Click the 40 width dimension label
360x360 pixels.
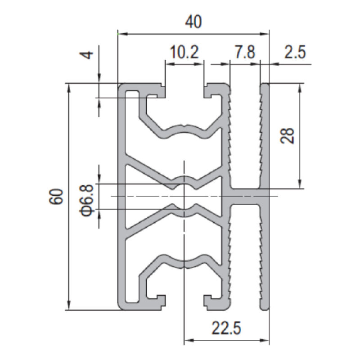tap(193, 22)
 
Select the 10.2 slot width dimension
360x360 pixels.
tap(184, 52)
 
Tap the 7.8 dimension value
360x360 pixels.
tap(245, 52)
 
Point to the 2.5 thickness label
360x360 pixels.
tap(295, 52)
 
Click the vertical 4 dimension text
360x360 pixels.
tap(88, 55)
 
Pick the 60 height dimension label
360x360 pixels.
tap(56, 197)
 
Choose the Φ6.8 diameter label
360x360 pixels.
tap(87, 200)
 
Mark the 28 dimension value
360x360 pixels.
tap(288, 136)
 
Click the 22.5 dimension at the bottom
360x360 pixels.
tap(226, 328)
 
